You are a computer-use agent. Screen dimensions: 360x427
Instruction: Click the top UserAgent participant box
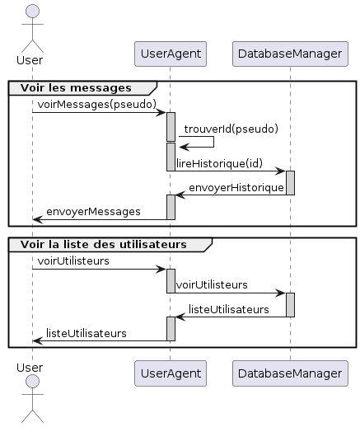(x=171, y=54)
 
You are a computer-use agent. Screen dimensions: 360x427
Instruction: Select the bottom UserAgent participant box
(x=171, y=373)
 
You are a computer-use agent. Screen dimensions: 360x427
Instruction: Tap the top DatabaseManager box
(x=290, y=54)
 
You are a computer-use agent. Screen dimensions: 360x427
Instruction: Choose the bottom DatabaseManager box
(x=290, y=373)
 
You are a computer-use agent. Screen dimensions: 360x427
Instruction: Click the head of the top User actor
(x=32, y=12)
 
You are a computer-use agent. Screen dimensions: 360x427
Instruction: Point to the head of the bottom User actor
(x=32, y=381)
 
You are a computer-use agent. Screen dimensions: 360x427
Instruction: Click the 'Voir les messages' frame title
(x=76, y=88)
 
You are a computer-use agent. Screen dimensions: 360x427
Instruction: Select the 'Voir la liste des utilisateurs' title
(x=104, y=244)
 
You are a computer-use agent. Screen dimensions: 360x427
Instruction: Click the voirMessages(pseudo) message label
(x=97, y=105)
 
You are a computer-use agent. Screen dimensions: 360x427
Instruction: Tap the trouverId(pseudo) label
(x=231, y=129)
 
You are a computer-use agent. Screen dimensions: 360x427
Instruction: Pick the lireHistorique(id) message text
(x=219, y=163)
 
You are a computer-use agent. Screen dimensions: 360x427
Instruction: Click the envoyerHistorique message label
(x=236, y=188)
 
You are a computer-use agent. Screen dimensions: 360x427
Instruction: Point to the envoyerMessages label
(x=93, y=212)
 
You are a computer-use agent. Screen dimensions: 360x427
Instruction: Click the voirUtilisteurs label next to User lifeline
(x=73, y=260)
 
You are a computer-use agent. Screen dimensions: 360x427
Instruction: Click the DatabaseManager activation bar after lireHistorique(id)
(x=290, y=183)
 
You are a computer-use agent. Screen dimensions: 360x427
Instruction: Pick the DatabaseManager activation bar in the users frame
(x=290, y=305)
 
